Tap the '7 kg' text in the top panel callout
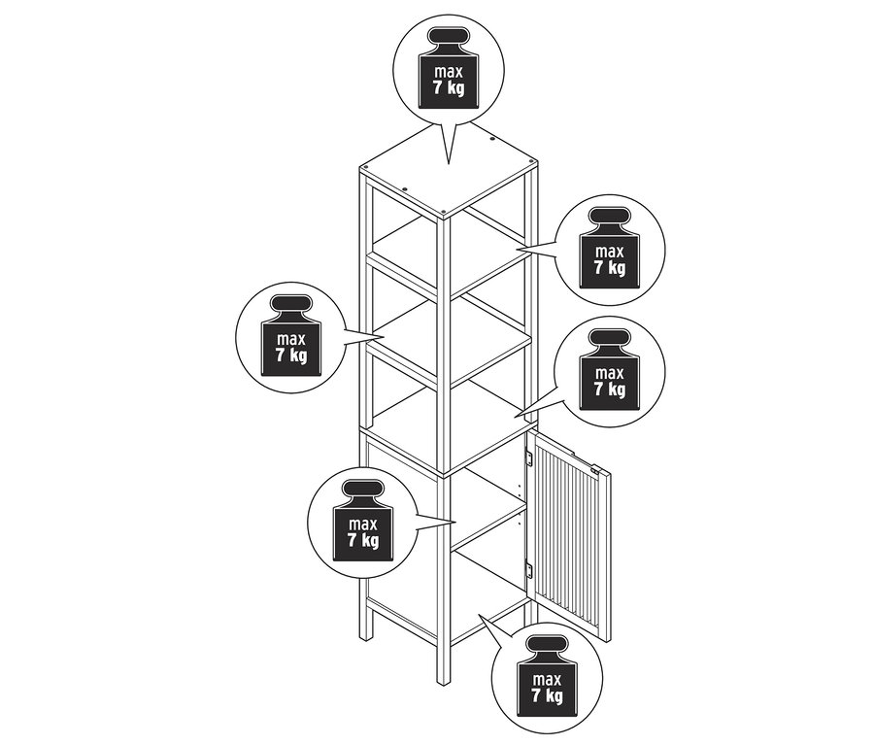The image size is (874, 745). (x=449, y=87)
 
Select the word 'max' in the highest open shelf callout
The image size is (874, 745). (x=609, y=252)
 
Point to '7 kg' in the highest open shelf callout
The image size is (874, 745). (x=609, y=268)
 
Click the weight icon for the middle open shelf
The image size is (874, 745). (x=291, y=335)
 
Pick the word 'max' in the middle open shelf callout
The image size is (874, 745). (x=291, y=339)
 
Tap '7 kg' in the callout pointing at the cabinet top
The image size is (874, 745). (x=609, y=389)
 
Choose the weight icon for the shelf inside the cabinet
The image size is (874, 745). (x=363, y=521)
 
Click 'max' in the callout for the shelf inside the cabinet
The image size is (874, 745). (x=363, y=525)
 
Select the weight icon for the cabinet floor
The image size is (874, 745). (x=547, y=676)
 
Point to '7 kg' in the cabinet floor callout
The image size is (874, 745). (x=547, y=695)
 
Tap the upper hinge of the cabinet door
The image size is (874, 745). (x=529, y=459)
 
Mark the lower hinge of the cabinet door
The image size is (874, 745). (x=529, y=571)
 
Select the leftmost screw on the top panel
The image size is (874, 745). (x=366, y=167)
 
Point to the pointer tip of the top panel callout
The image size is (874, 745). (x=449, y=164)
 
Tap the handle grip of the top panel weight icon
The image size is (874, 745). (x=449, y=42)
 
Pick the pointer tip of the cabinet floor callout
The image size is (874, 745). (x=479, y=615)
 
